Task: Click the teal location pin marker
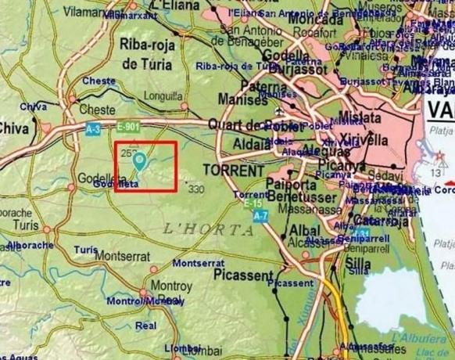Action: click(x=140, y=161)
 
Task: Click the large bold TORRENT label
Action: click(x=234, y=169)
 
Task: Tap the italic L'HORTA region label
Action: click(x=210, y=229)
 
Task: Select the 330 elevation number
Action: click(x=195, y=188)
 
